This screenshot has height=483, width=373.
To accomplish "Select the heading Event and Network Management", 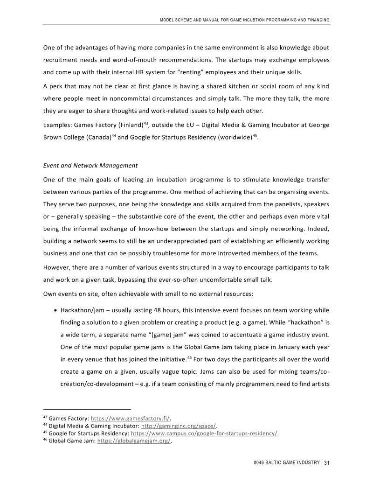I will point(90,165).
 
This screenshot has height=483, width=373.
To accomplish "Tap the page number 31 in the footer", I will point(327,463).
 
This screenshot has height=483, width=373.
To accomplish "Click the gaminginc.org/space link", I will point(179,426).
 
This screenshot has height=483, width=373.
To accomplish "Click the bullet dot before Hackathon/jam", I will point(56,311).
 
